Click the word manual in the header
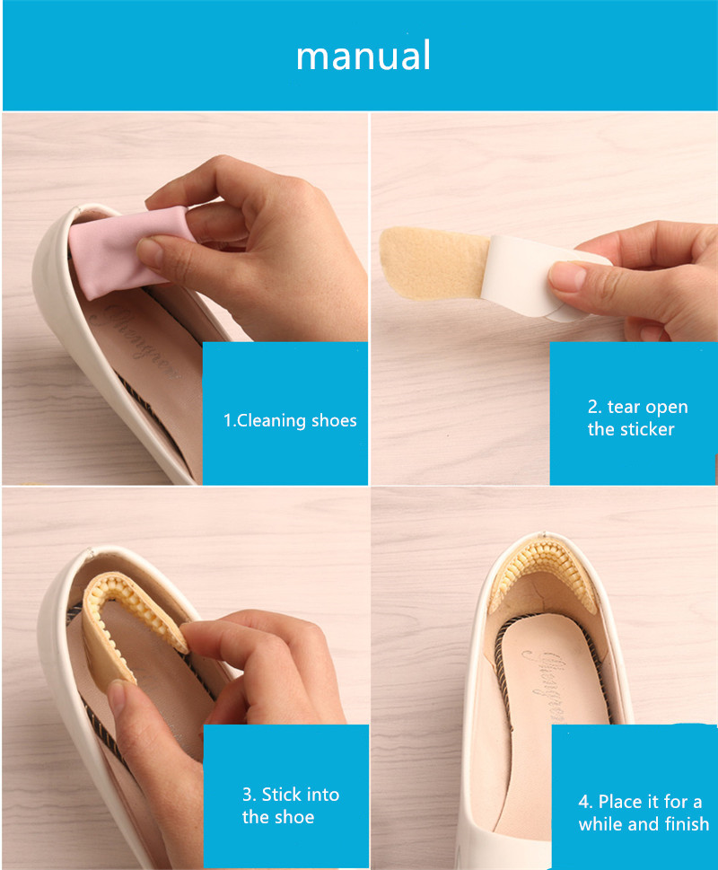point(363,56)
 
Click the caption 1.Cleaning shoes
point(290,420)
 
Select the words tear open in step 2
point(648,408)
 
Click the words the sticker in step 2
point(631,429)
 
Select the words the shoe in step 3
point(278,817)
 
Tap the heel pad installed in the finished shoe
point(541,577)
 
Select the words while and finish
point(644,824)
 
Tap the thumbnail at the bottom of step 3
point(118,698)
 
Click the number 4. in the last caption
point(585,803)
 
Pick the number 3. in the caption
point(249,795)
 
